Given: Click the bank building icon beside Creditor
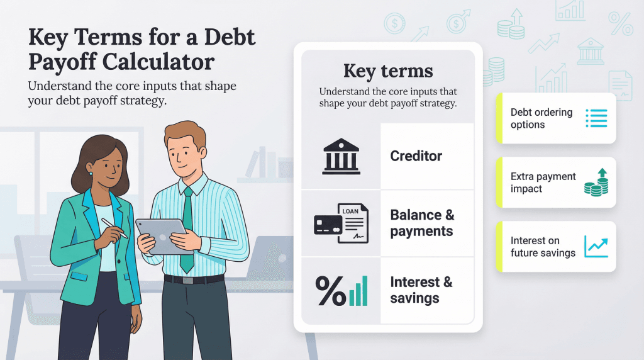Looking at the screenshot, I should click(341, 156).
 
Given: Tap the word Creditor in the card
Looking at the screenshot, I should click(416, 155).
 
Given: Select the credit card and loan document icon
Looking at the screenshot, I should click(341, 223).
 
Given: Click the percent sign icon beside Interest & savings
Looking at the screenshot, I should click(330, 291).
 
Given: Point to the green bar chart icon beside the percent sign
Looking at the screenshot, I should click(358, 291).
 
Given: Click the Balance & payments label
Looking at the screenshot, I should click(421, 223).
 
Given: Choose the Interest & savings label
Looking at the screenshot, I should click(421, 290).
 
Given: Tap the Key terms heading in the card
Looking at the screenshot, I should click(387, 70).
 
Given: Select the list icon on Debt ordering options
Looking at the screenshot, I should click(596, 118).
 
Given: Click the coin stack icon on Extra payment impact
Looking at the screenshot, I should click(596, 183).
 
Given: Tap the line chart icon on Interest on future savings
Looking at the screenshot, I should click(596, 247).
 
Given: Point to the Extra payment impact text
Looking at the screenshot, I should click(543, 183).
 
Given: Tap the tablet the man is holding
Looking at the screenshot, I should click(163, 236).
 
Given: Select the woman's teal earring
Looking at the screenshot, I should click(91, 173).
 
